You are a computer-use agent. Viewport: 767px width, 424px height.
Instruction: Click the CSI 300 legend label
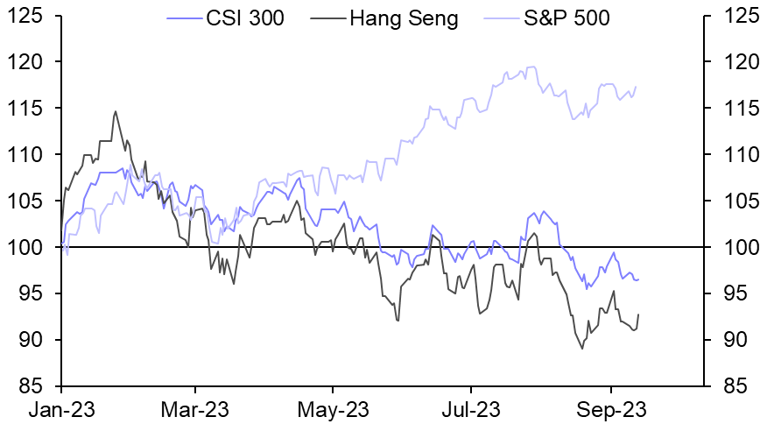click(243, 18)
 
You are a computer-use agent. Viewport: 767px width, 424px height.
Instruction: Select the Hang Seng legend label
click(405, 18)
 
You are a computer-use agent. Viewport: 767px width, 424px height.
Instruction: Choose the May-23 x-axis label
click(334, 409)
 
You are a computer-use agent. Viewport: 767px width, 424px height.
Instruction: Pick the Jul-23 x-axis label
click(471, 409)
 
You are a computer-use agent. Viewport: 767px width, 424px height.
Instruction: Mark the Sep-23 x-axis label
click(609, 409)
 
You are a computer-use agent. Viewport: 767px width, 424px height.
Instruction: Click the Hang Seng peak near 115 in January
click(115, 111)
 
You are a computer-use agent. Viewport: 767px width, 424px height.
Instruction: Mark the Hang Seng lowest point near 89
click(582, 349)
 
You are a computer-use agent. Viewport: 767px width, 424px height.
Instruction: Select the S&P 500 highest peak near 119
click(532, 67)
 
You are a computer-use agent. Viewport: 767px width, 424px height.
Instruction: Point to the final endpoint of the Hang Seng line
click(638, 314)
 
